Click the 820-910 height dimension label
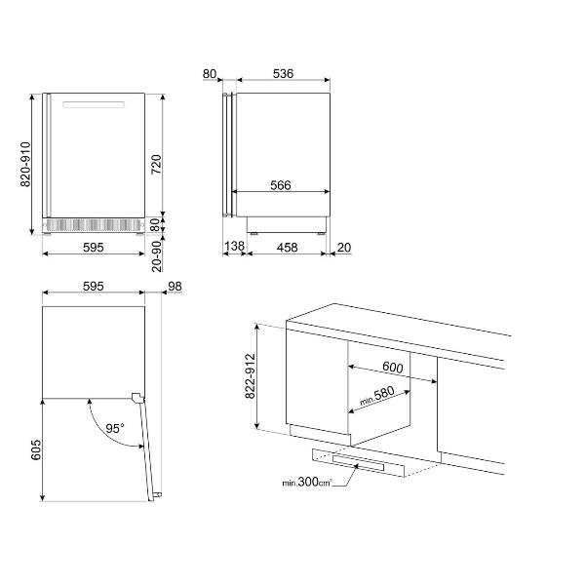click(25, 164)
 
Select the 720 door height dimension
click(156, 164)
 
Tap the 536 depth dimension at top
click(283, 73)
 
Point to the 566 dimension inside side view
click(281, 185)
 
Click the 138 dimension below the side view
click(235, 246)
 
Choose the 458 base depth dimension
click(287, 248)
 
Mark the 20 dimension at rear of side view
click(344, 248)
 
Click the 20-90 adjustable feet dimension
click(157, 255)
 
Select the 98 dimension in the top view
click(175, 286)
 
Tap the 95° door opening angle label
click(114, 429)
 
